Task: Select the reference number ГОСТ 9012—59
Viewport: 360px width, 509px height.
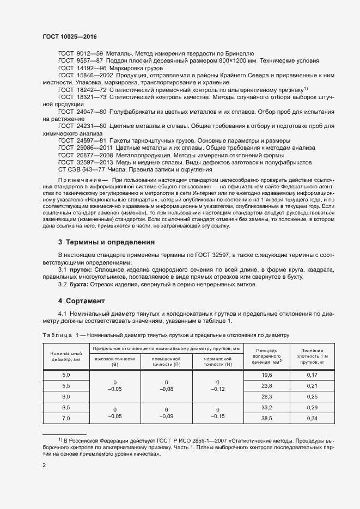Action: point(81,53)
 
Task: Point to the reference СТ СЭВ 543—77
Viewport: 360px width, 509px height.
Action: point(82,169)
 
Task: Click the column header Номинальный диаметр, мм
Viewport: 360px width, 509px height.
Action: point(65,357)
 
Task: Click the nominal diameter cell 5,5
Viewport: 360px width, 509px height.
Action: point(66,385)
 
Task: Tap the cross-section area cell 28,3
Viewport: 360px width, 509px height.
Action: point(266,397)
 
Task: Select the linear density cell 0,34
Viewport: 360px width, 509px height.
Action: point(312,418)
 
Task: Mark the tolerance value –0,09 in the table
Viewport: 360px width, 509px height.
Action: point(167,416)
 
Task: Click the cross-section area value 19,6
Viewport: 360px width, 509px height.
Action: point(266,375)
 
